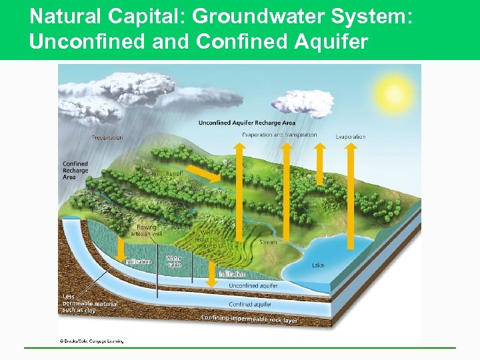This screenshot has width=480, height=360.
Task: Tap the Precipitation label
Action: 107,138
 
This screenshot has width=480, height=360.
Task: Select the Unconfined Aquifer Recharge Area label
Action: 247,123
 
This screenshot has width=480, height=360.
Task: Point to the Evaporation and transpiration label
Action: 279,135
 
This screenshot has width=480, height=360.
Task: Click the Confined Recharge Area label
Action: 75,170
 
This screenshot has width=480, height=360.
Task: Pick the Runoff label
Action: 174,172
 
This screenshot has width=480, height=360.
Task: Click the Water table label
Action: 173,261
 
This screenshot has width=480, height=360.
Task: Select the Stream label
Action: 268,243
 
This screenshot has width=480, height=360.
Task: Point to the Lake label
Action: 318,265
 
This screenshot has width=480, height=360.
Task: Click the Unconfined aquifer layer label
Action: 253,285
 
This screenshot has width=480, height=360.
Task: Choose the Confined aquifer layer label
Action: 250,304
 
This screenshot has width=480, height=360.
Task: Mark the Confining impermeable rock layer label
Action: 249,319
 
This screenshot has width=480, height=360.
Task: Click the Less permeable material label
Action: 89,303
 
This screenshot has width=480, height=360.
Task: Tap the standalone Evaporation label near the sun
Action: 351,137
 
